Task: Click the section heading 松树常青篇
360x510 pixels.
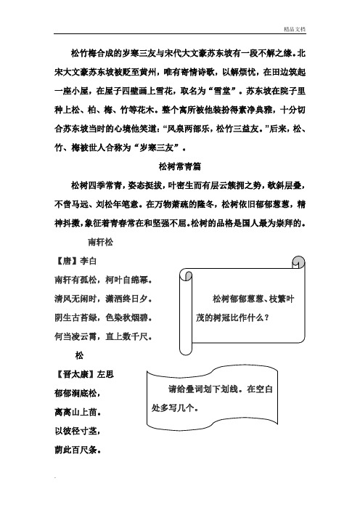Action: [x=180, y=166]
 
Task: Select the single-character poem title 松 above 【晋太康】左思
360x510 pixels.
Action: [x=78, y=355]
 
